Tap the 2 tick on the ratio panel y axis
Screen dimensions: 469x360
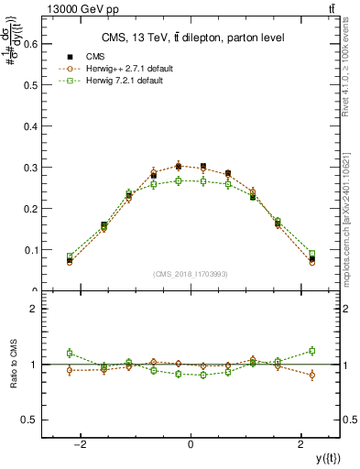[38, 310]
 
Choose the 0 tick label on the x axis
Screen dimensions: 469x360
[191, 444]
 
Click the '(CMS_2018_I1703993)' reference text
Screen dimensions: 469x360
[191, 273]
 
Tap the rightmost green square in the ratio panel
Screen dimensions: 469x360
[312, 350]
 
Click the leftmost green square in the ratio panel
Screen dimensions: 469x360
[70, 353]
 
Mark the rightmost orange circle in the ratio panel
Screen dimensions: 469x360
[312, 375]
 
